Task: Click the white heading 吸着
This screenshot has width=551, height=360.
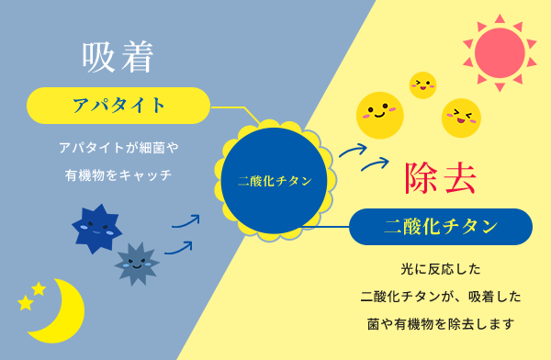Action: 118,57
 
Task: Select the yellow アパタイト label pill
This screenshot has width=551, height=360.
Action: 118,106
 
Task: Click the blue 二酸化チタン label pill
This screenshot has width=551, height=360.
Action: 441,227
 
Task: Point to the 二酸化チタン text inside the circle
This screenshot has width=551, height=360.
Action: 275,181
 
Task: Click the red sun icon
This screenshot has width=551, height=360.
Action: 500,52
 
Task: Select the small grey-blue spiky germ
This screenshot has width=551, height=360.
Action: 137,264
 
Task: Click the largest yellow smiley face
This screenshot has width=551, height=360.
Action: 379,115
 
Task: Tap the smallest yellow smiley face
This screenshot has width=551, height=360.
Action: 422,85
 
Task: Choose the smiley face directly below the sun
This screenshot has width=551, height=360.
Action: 461,118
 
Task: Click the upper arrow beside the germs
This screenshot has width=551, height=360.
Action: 186,221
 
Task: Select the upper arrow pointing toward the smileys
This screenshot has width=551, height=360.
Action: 353,150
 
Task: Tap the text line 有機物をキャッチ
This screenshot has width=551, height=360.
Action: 118,174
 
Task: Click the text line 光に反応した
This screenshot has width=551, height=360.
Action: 441,270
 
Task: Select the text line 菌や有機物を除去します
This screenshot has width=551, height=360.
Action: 441,323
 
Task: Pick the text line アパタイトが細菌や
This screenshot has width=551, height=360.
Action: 118,147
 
